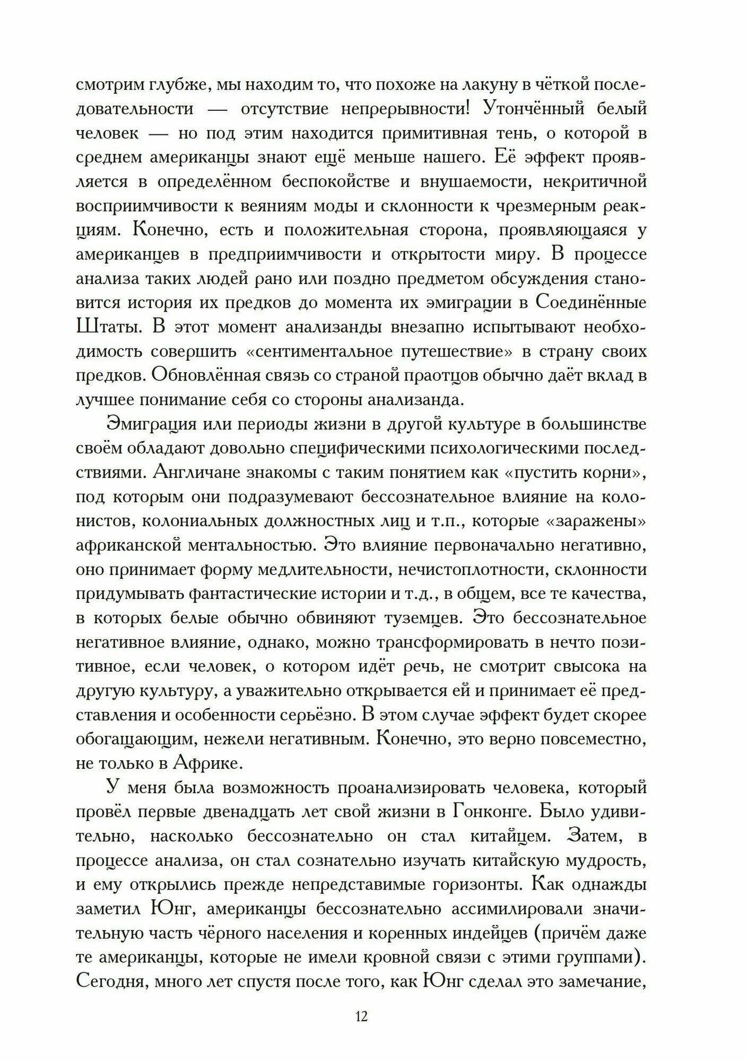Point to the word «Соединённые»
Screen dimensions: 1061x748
589,303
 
